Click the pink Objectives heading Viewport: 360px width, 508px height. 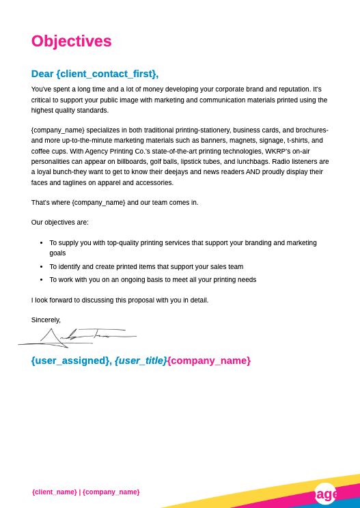(x=71, y=42)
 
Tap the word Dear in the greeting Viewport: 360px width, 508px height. (x=42, y=74)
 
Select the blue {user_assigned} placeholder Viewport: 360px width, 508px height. (x=70, y=361)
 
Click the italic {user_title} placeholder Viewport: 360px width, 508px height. (x=140, y=361)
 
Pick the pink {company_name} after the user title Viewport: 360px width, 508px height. (x=209, y=361)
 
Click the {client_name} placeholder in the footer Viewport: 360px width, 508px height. (x=54, y=492)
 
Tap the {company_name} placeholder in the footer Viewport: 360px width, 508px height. (x=111, y=492)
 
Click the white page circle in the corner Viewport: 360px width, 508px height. (x=325, y=493)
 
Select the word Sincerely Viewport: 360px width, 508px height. (x=46, y=320)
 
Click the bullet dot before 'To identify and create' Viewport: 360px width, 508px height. (x=41, y=267)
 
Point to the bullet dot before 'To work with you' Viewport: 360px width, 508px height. (x=41, y=280)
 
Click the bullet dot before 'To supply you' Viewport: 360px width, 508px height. (x=41, y=242)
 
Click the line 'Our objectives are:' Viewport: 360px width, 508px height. (x=60, y=222)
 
